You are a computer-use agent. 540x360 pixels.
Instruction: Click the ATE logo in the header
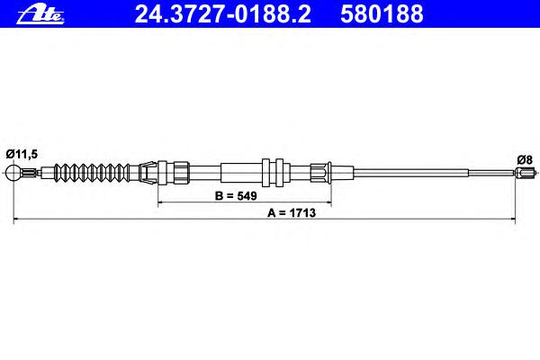coord(40,14)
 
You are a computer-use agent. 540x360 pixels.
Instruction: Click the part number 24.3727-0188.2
coord(223,14)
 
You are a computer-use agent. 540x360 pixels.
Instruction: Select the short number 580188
coord(382,14)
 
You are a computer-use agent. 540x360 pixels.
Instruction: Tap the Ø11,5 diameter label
coord(22,154)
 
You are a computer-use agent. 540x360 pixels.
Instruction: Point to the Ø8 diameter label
coord(525,159)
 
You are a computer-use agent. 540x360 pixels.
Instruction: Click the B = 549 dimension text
coord(236,195)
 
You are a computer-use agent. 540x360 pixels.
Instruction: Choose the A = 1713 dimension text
coord(292,213)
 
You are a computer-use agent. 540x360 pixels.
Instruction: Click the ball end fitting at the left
coord(13,172)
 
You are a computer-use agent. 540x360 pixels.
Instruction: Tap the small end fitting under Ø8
coord(526,172)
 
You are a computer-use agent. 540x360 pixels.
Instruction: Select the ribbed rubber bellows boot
coord(93,172)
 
